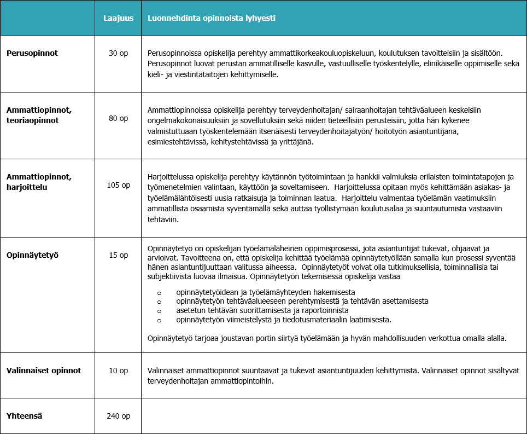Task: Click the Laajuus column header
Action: [x=118, y=18]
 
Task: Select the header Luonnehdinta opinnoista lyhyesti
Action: [x=211, y=18]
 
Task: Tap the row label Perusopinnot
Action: [x=32, y=53]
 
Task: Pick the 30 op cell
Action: [x=118, y=53]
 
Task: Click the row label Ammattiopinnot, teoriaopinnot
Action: [x=39, y=114]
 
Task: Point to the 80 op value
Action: [x=118, y=118]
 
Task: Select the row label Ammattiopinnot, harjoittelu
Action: [x=39, y=181]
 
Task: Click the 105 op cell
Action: [x=118, y=185]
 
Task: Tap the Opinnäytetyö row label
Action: [x=32, y=255]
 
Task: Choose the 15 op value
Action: [x=118, y=255]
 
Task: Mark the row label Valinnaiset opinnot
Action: [x=44, y=371]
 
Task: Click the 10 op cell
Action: [x=118, y=371]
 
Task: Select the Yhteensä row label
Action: [x=25, y=416]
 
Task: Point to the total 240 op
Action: [x=118, y=416]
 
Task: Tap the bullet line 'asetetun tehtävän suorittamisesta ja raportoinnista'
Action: [x=262, y=310]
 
